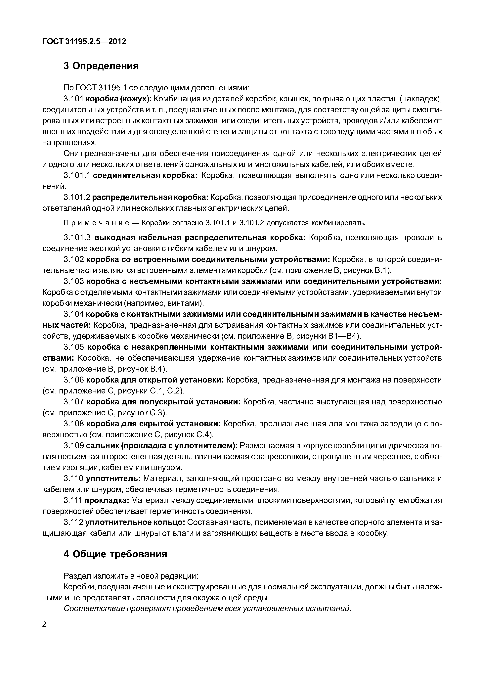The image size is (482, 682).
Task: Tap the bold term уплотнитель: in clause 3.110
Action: (113, 478)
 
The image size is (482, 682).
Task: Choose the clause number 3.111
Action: (72, 501)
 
